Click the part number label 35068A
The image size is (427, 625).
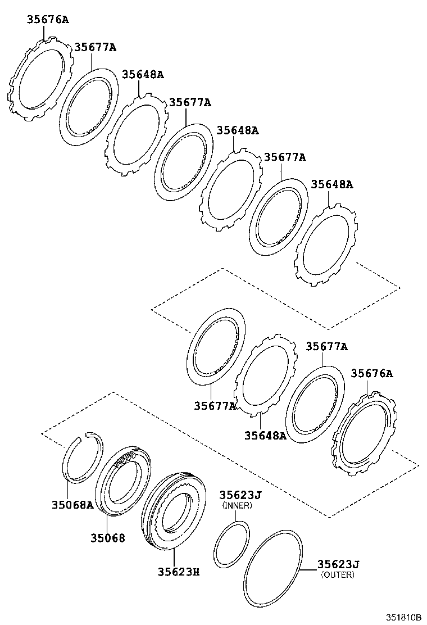coord(73,505)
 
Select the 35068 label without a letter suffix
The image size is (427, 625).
coord(108,538)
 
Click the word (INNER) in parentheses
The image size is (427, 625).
coord(237,505)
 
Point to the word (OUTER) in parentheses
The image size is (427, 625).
coord(337,574)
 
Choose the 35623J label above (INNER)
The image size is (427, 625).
coord(240,495)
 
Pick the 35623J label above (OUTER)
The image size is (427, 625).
coord(338,564)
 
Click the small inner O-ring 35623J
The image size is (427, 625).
coord(231,544)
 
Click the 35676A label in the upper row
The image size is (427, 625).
coord(47,20)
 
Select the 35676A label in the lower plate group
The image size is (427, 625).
coord(372,373)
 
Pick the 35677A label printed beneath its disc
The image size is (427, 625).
coord(215,405)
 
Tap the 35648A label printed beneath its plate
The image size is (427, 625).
coord(265,435)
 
